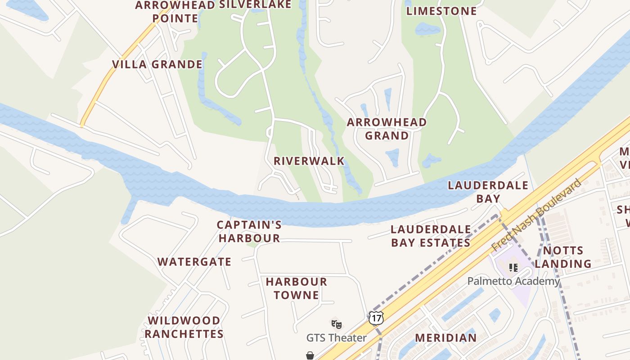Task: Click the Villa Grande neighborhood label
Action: [157, 64]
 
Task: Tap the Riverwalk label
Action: [309, 161]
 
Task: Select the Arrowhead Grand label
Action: [387, 129]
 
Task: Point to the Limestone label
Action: [441, 11]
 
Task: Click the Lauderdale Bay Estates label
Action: [431, 236]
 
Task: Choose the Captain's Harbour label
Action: [249, 231]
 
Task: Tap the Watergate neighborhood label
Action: [194, 261]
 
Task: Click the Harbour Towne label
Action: [296, 288]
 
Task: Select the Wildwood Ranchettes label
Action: [184, 327]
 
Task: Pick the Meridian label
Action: [445, 337]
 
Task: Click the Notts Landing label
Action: [563, 257]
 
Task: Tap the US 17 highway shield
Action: [376, 318]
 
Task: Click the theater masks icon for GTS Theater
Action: [336, 324]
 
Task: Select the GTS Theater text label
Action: [336, 337]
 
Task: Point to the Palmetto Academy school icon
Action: [513, 268]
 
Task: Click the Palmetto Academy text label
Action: [513, 281]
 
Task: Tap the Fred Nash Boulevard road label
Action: [536, 215]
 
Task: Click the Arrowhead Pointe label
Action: [175, 12]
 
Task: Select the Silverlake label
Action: [255, 5]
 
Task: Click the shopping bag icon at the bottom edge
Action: [310, 355]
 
